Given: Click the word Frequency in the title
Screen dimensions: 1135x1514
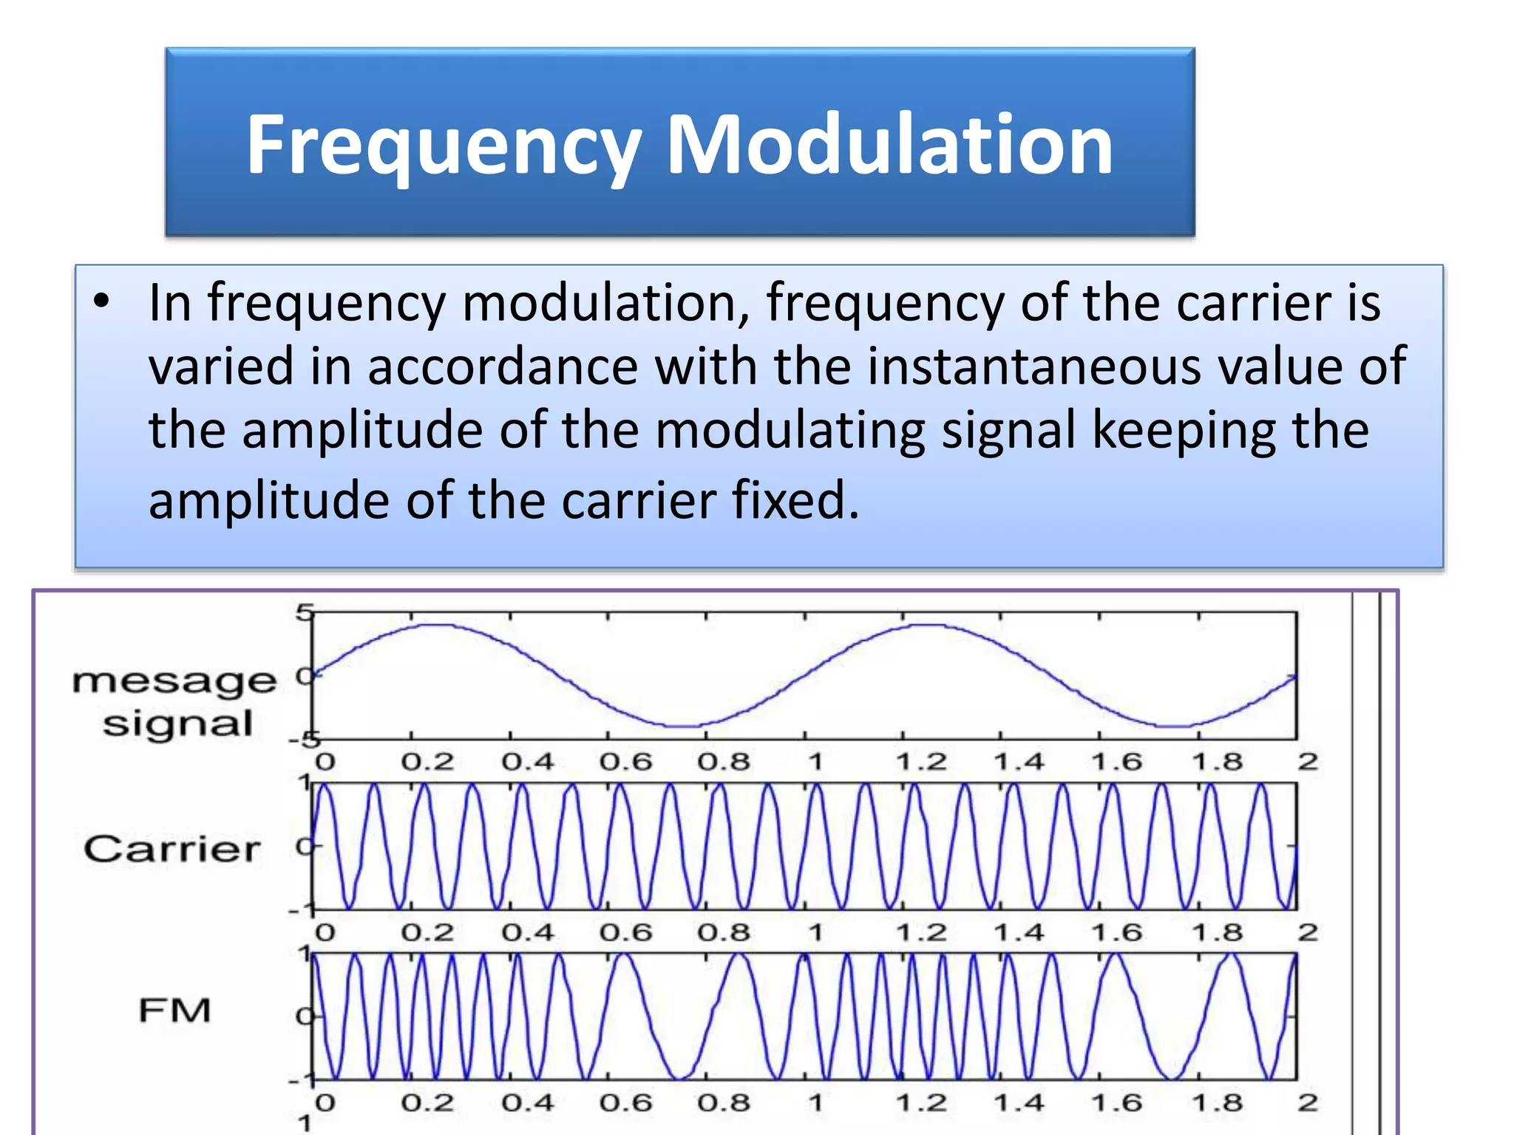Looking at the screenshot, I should [444, 146].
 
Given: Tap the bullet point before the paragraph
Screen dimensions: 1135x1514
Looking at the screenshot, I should [102, 301].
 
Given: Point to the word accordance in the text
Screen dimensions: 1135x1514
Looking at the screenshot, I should [503, 367].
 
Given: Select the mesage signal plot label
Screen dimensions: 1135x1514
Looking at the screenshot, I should [175, 702].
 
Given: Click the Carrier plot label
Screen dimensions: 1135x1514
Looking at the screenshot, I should [172, 849].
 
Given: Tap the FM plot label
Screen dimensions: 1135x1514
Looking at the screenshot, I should [175, 1010].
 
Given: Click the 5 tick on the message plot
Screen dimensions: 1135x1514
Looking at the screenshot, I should [304, 613].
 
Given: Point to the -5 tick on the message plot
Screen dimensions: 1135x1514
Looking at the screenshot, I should [303, 740].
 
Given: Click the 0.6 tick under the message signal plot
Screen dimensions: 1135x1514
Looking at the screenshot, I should [625, 762].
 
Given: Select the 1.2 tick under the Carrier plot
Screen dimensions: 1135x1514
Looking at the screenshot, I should [921, 933].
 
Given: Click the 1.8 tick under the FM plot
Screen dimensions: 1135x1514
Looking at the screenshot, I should [1217, 1103].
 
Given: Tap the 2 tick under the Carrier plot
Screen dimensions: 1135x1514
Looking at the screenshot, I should [1308, 933].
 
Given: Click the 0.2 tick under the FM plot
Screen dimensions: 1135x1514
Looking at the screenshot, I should [427, 1103].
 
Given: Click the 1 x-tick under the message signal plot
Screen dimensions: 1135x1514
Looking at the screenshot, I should [815, 762].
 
